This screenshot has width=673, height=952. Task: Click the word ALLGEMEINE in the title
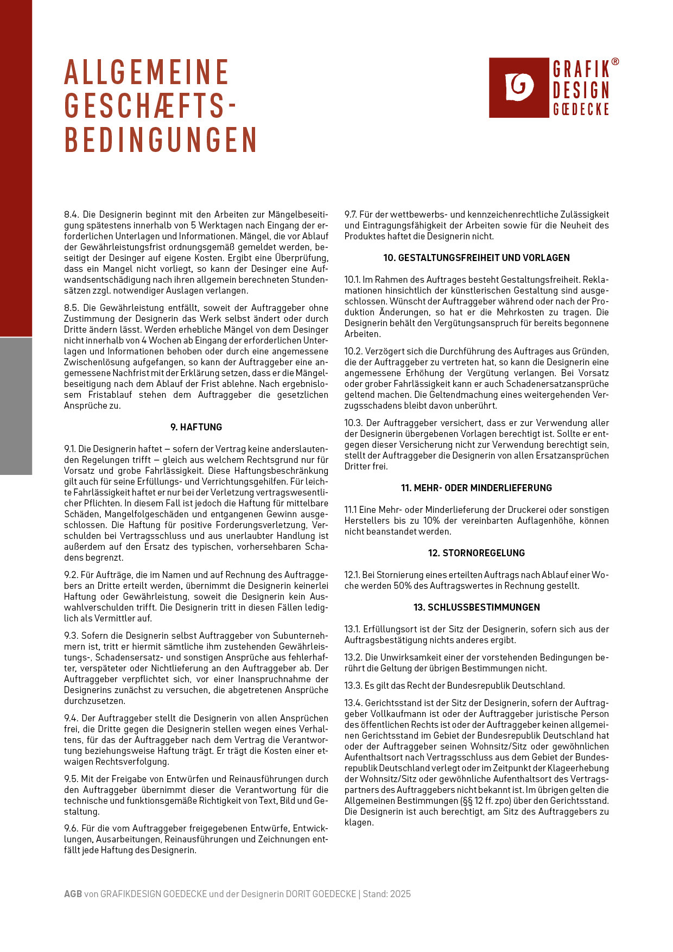(x=147, y=73)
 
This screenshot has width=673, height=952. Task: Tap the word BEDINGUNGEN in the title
(x=161, y=140)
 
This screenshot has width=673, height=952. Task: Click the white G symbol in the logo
(x=519, y=87)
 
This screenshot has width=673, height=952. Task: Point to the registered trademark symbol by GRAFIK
(x=615, y=62)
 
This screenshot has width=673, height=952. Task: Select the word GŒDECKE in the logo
(x=581, y=109)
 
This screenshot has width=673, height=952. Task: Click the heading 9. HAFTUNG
(x=196, y=427)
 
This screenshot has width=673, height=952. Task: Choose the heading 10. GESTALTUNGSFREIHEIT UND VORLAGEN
(x=477, y=258)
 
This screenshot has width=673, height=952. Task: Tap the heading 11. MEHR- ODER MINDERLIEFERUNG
(x=477, y=488)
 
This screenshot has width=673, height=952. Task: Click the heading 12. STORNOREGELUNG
(x=477, y=553)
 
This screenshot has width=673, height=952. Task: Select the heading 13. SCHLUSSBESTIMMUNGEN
(x=477, y=607)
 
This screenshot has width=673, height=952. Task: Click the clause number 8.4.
(x=72, y=215)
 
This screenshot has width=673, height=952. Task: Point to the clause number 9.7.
(x=352, y=215)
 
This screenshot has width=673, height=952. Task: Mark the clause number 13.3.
(x=353, y=686)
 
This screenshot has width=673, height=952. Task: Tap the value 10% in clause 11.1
(x=431, y=521)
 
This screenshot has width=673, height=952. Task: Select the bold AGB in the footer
(x=73, y=894)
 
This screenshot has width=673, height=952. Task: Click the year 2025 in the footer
(x=400, y=894)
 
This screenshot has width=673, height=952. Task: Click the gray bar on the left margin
(x=16, y=406)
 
